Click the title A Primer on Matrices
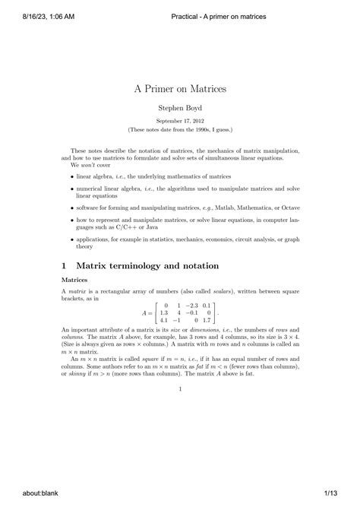[180, 89]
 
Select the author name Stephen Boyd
[180, 109]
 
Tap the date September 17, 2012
[180, 121]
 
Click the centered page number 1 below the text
[180, 389]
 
